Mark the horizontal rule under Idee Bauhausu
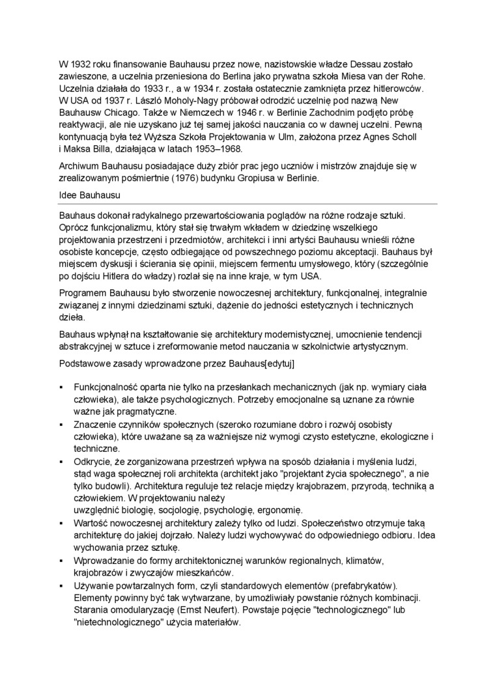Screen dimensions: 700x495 pos(247,204)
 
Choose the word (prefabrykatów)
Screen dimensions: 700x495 pos(363,585)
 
